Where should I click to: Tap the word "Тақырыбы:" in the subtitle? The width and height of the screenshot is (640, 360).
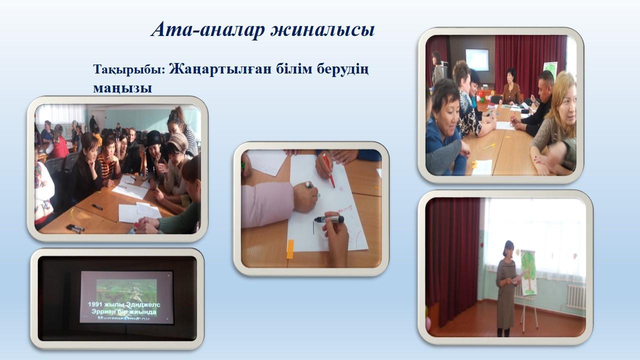pos(128,69)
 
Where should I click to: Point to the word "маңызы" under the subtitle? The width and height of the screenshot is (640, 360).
pos(122,88)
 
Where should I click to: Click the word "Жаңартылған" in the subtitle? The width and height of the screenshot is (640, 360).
pos(219,69)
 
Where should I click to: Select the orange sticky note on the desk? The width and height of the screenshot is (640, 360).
pos(290,249)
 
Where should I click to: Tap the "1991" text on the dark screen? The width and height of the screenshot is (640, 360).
pos(98,304)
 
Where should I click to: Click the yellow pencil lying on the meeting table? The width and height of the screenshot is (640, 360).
pos(488,146)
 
